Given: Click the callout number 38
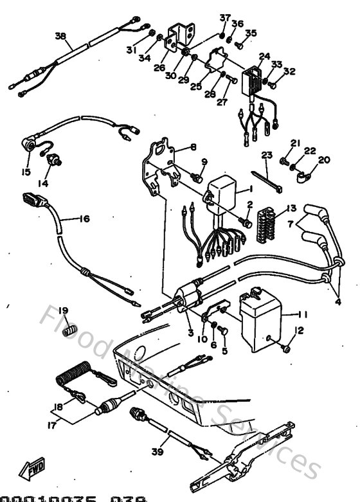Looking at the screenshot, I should coord(60,37).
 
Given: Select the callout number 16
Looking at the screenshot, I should coord(85,219).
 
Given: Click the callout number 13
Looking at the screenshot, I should coord(292,208).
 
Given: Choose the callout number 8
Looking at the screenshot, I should coord(193,147).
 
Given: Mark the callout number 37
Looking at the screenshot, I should coord(224,17).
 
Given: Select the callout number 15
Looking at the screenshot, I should coord(26,172).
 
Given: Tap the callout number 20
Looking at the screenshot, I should coord(324,159).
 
